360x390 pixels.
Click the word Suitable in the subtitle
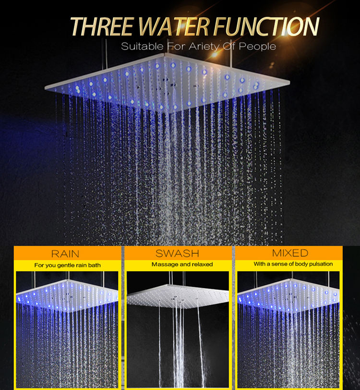140,47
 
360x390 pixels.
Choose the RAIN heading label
65,253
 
